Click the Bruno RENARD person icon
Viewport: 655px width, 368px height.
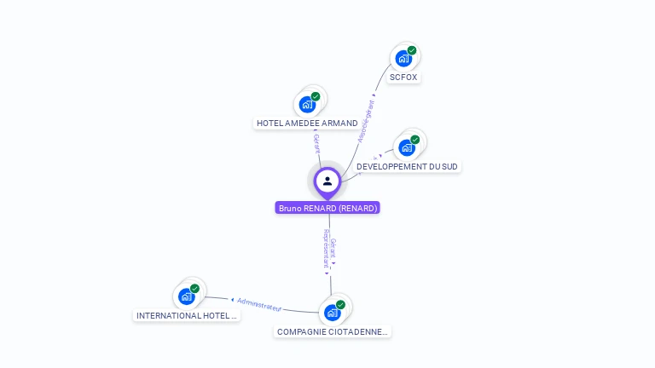(327, 181)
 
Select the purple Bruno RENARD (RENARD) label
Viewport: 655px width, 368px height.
(327, 208)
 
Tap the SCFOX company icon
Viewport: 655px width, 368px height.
(403, 59)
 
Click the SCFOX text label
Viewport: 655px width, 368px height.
(404, 78)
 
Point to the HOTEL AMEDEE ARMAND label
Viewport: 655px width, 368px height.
(307, 124)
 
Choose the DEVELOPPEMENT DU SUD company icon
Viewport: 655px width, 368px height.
(407, 147)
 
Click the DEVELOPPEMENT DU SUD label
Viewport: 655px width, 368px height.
(408, 167)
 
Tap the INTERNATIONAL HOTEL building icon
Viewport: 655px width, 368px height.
(186, 296)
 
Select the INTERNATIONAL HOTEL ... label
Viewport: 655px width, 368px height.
(188, 315)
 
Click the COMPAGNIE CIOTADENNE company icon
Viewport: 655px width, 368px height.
(332, 313)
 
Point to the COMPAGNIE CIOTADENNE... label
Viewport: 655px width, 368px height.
(333, 331)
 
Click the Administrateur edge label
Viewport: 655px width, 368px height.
(259, 303)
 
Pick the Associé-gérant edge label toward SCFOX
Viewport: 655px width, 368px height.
(367, 121)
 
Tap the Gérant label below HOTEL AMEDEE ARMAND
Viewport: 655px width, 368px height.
(316, 143)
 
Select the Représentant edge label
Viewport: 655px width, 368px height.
(326, 249)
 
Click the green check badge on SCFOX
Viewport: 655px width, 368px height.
(412, 51)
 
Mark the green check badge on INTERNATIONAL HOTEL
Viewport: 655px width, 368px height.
(194, 289)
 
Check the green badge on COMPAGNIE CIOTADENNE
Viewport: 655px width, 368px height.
(340, 305)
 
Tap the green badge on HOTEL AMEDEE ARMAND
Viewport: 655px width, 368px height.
(316, 97)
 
